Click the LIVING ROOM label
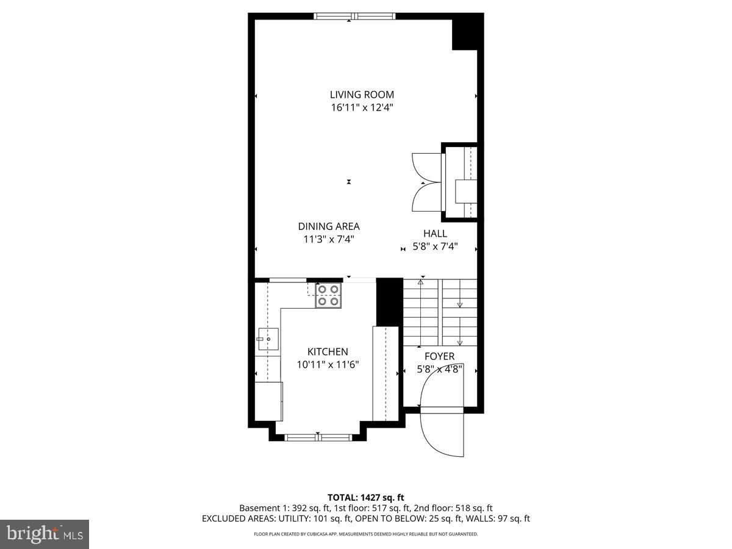[x=362, y=95]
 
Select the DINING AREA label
[x=329, y=226]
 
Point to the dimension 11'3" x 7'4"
[x=329, y=239]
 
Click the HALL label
[x=435, y=234]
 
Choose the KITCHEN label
[x=328, y=352]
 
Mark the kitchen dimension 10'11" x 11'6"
[x=328, y=365]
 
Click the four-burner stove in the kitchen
[x=328, y=295]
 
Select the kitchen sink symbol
[x=267, y=337]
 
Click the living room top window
[x=354, y=16]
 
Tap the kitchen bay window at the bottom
[x=318, y=437]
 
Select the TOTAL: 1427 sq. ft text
[x=365, y=498]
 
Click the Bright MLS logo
[x=45, y=534]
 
